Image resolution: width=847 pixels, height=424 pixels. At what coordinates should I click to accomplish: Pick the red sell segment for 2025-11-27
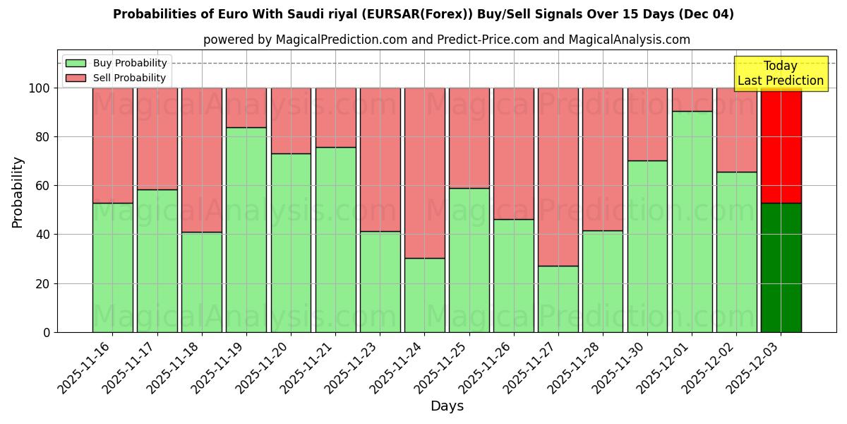(558, 177)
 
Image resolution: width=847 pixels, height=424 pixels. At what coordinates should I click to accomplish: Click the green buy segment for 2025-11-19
(246, 230)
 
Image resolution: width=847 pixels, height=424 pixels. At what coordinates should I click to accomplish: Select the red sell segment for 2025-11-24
(424, 172)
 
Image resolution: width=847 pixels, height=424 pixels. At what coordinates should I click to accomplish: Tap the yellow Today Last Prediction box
(781, 73)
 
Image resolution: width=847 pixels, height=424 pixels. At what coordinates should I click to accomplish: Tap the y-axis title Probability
(18, 192)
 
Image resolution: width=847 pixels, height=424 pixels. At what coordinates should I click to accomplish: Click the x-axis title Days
(447, 406)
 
